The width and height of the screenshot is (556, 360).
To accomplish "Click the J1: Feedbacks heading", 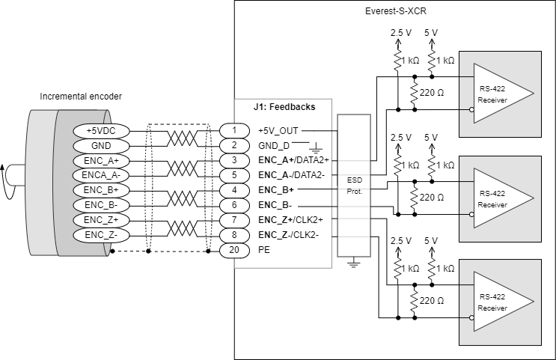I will click(x=284, y=107).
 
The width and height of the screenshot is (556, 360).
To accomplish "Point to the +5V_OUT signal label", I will click(x=278, y=130).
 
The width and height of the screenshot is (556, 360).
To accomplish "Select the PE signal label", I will click(x=263, y=250).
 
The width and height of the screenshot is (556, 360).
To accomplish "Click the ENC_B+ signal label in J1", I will click(x=275, y=190).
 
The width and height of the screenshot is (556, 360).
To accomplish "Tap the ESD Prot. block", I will click(x=353, y=186).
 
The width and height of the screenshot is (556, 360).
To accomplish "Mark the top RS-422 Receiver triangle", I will click(x=501, y=93).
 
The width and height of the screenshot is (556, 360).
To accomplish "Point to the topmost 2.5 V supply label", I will click(x=402, y=34).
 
